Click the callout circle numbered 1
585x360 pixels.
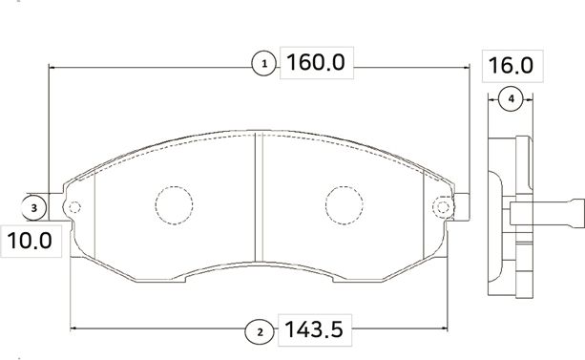pyautogui.click(x=264, y=65)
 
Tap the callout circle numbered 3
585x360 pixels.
pyautogui.click(x=33, y=207)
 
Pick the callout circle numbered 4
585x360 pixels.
pyautogui.click(x=511, y=99)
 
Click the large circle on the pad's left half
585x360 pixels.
pyautogui.click(x=174, y=202)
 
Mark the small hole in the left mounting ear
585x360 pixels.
pyautogui.click(x=74, y=207)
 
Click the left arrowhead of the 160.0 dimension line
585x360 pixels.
pyautogui.click(x=52, y=66)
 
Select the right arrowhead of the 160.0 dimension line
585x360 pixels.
pyautogui.click(x=467, y=66)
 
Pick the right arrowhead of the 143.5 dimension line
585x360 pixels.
pyautogui.click(x=444, y=331)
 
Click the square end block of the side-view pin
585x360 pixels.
pyautogui.click(x=573, y=212)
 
